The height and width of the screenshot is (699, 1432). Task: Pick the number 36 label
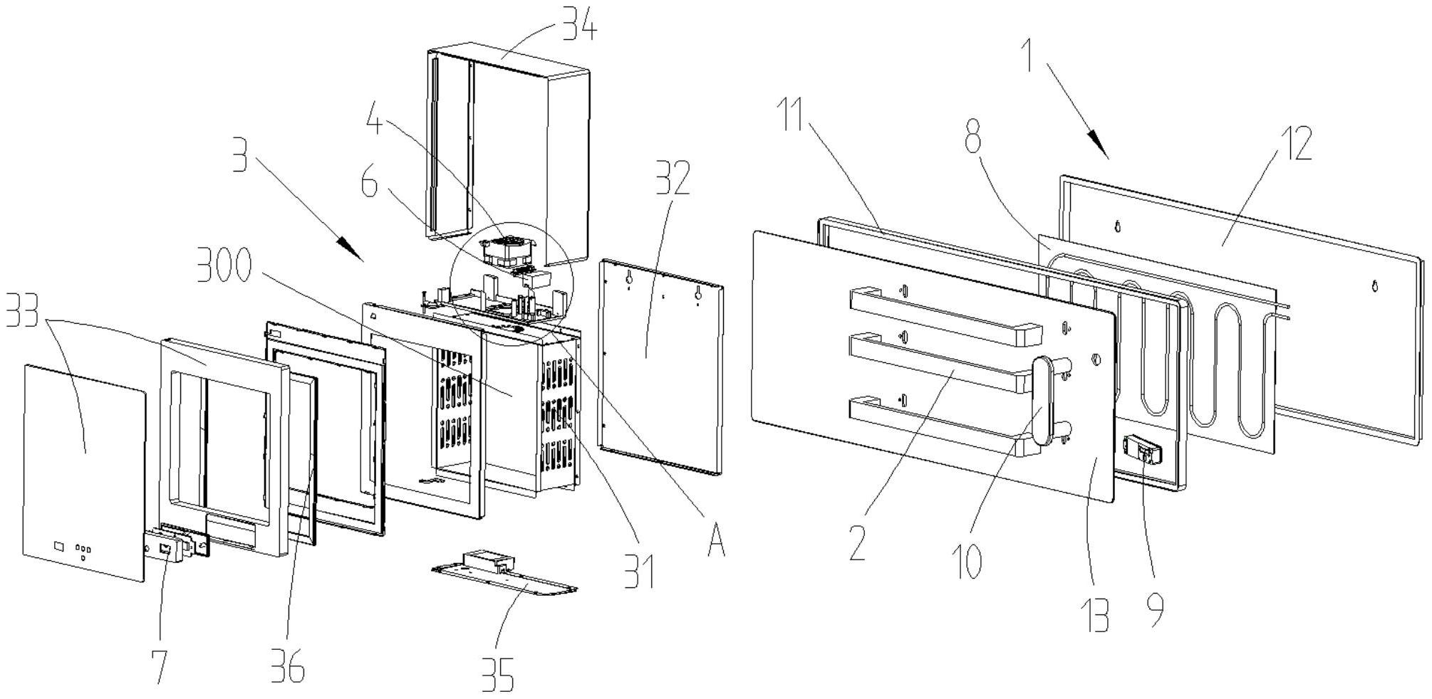click(288, 667)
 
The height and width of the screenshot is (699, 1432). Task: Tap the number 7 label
click(162, 666)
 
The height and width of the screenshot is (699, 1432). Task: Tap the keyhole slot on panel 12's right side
click(1374, 286)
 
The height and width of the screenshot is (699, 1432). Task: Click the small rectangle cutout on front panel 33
click(59, 546)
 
